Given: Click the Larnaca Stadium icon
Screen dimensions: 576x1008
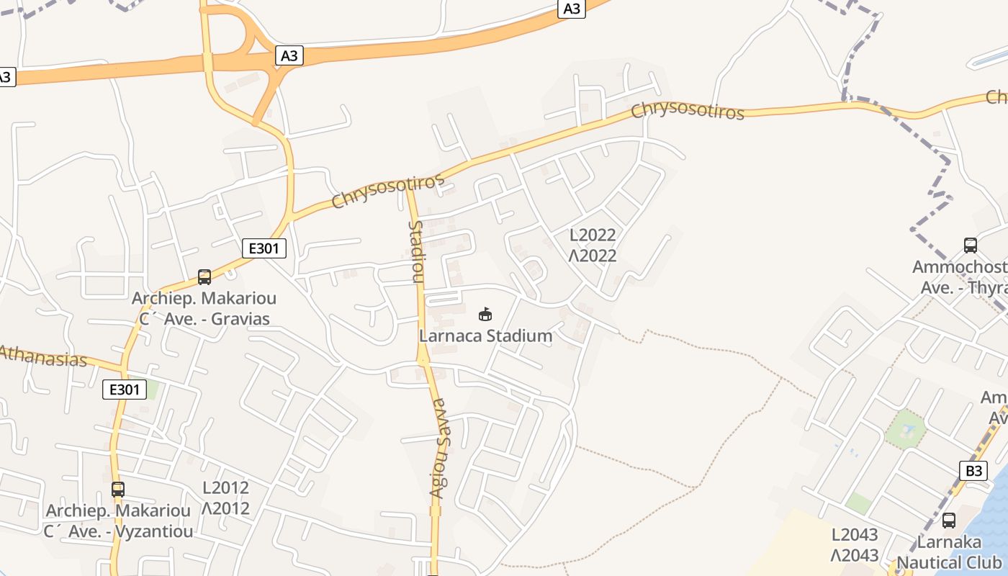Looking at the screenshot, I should (x=485, y=314).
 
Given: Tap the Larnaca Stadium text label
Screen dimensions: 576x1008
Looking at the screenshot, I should (x=486, y=336).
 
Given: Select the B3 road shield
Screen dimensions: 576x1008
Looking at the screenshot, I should (x=973, y=471).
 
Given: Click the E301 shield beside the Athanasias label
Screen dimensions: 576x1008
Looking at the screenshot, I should (x=124, y=390).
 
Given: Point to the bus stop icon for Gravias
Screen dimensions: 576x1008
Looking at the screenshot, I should (x=204, y=277).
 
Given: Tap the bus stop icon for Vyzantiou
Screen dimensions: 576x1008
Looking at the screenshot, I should (x=118, y=490).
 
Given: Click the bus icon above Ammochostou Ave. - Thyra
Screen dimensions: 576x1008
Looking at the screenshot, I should (x=971, y=246).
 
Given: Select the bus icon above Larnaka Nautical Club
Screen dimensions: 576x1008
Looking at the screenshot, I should (x=949, y=520).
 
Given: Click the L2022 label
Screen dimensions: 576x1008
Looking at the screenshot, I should (x=593, y=235).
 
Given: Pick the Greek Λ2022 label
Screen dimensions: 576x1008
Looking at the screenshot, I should (x=593, y=256).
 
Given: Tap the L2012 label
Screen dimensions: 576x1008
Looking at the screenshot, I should (x=225, y=487).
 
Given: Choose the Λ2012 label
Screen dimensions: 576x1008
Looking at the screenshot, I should (x=225, y=508).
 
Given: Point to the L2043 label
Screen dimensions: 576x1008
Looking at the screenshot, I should (x=855, y=534).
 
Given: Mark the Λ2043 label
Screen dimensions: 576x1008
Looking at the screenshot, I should (x=855, y=555).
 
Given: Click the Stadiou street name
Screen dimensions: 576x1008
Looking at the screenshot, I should (x=416, y=252).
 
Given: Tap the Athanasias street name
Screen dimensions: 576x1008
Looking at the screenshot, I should (x=43, y=356).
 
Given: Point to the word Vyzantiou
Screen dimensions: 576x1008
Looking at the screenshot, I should (x=158, y=532).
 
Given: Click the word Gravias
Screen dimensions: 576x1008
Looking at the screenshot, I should (x=240, y=318).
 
